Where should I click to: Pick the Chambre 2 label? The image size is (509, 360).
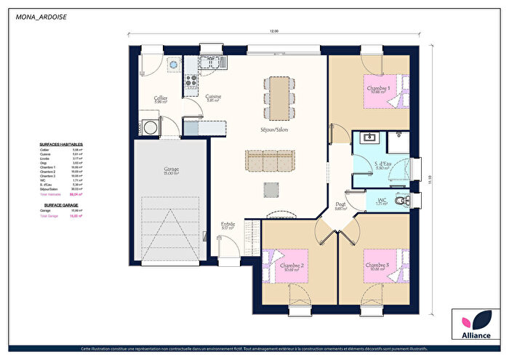pos(292,266)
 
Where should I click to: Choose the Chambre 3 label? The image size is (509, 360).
pos(377,266)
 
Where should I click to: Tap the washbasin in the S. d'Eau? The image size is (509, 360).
pos(369,138)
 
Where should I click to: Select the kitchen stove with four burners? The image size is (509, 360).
pos(191,83)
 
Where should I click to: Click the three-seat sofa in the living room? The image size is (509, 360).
pos(270,159)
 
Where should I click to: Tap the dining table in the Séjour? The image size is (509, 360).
pos(278,98)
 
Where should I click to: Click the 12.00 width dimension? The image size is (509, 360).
pos(274,31)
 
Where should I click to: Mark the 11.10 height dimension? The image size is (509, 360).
pos(430,178)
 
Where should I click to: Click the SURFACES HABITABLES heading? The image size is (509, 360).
pos(61,144)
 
